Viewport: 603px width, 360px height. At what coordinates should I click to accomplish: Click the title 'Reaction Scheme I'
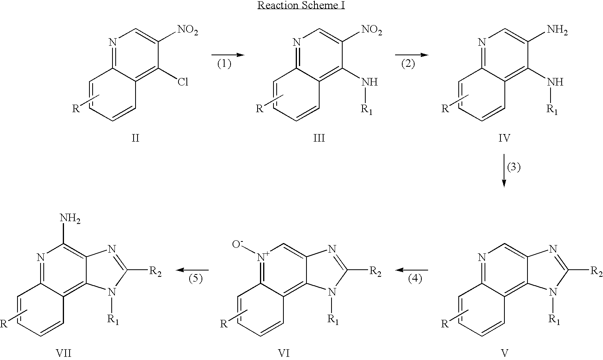point(301,5)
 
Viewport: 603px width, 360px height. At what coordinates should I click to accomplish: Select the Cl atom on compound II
point(183,82)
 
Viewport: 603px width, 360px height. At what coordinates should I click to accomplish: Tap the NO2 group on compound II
point(188,30)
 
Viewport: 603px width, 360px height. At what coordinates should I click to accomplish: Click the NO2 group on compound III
point(372,30)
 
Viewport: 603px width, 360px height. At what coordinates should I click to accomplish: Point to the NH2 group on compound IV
point(557,30)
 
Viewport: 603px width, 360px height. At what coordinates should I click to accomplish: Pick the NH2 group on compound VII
point(70,218)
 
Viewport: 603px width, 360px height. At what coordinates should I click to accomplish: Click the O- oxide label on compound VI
point(238,244)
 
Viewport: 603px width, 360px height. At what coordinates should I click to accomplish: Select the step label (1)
point(224,64)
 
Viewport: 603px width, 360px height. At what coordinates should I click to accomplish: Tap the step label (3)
point(514,167)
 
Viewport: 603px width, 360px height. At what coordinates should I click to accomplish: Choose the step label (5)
point(196,279)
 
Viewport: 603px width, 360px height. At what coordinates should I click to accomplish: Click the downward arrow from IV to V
point(504,171)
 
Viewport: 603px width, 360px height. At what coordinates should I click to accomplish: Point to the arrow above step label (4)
point(411,270)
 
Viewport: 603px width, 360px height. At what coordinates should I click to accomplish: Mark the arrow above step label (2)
point(411,55)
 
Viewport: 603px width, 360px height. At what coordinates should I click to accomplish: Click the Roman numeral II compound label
point(136,138)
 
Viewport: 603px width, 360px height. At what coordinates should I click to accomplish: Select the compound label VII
point(64,353)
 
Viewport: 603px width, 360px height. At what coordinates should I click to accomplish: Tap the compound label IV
point(504,138)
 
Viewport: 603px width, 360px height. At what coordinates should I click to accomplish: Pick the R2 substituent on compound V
point(597,271)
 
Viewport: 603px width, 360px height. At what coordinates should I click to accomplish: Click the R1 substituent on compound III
point(366,109)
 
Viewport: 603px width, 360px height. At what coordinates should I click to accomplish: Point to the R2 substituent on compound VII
point(155,271)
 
